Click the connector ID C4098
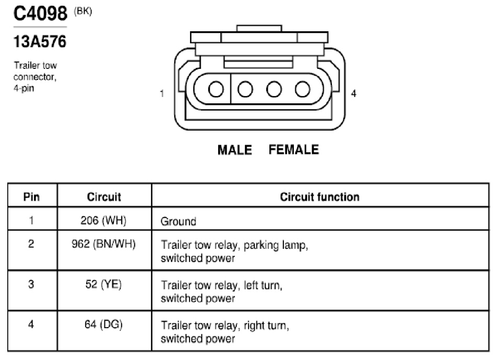(x=40, y=14)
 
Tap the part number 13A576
(x=40, y=42)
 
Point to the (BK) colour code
(x=83, y=11)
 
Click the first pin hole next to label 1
(x=216, y=89)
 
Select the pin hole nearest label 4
(x=302, y=89)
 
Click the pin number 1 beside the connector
(x=162, y=93)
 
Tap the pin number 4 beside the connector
(x=353, y=93)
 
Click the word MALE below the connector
(x=235, y=150)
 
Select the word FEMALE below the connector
(x=294, y=150)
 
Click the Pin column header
(x=31, y=197)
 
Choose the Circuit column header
(x=104, y=197)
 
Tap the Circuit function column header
(x=320, y=197)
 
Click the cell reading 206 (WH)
(x=103, y=220)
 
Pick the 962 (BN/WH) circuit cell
(x=103, y=244)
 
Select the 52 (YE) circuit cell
(x=103, y=284)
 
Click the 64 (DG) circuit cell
(x=103, y=325)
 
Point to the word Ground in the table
(x=179, y=221)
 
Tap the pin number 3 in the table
(x=31, y=284)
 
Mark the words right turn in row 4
(x=266, y=326)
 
